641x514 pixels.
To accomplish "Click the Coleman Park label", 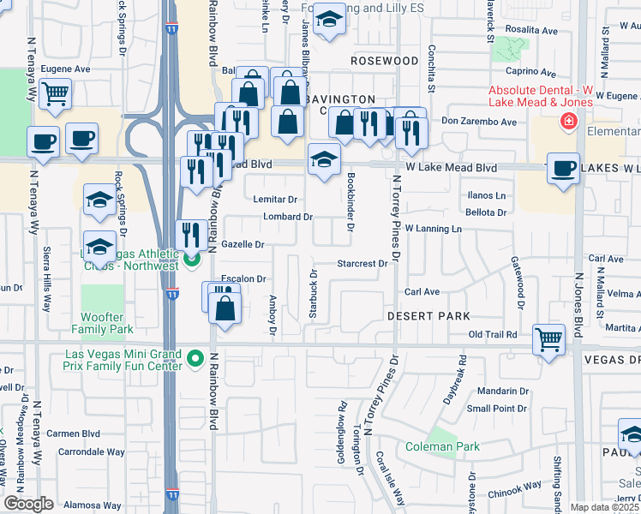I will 443,446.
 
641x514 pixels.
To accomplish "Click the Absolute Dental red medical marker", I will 566,123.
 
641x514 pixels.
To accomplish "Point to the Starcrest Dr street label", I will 362,264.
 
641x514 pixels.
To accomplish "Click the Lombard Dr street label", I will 287,217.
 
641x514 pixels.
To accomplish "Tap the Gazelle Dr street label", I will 243,244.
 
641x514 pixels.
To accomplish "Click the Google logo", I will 28,502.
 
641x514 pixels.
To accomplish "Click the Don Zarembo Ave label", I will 478,122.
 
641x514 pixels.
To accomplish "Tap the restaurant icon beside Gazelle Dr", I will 189,233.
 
